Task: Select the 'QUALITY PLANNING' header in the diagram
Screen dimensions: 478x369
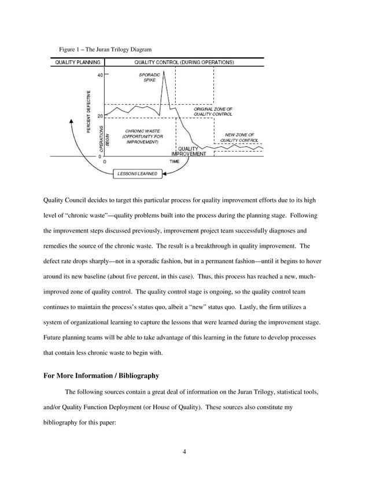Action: [x=78, y=62]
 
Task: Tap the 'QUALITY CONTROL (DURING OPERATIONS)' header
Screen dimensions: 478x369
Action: [x=184, y=62]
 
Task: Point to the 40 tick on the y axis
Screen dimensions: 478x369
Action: [x=100, y=75]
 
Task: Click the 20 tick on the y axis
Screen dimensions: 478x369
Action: [x=100, y=116]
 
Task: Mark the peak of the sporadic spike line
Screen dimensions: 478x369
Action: [x=164, y=71]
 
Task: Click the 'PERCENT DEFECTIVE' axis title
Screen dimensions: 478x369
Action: [x=88, y=110]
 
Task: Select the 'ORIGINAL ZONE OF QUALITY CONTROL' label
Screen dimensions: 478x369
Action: [x=213, y=111]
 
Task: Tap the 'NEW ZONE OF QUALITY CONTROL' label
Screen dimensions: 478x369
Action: [x=239, y=137]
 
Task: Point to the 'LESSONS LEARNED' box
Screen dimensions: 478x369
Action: [x=137, y=174]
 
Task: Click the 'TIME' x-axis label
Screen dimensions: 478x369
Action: [x=174, y=161]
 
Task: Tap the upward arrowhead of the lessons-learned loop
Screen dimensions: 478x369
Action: [x=71, y=121]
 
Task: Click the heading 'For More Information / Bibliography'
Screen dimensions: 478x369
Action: [x=101, y=375]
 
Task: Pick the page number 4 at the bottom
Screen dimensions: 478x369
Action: [x=184, y=452]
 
